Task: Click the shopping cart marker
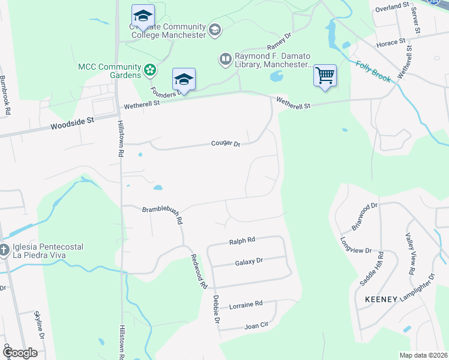[325, 76]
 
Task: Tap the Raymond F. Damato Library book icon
[226, 59]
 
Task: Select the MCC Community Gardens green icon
[150, 71]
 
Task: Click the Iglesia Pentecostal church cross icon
[4, 251]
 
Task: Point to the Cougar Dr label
[225, 143]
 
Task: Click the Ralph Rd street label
[242, 241]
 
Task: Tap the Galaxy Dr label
[249, 262]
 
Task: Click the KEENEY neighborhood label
[381, 299]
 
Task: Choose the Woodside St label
[73, 121]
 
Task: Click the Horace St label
[387, 44]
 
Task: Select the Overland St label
[392, 8]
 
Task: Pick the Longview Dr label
[357, 247]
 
